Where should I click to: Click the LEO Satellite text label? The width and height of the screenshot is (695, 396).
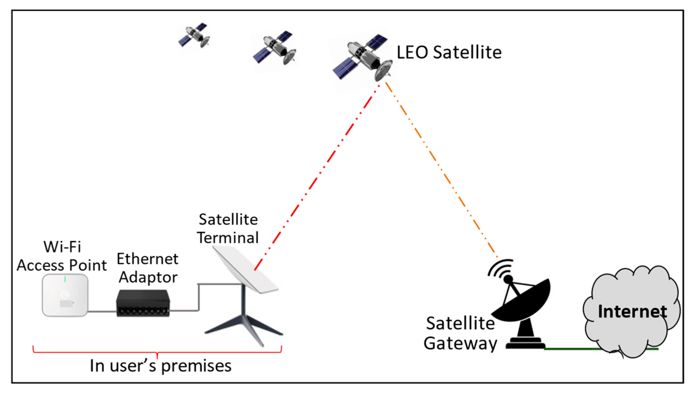tap(449, 52)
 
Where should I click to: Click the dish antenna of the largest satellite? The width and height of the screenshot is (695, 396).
tap(384, 70)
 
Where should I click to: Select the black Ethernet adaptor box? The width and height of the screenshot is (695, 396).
tap(143, 303)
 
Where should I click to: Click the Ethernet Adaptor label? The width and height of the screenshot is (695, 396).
tap(148, 268)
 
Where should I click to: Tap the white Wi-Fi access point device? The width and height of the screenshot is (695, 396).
tap(65, 295)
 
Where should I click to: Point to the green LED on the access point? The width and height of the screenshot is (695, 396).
tap(65, 279)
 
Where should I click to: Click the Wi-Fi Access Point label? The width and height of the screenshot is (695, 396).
tap(62, 256)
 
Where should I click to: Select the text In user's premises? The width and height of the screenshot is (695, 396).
tap(161, 366)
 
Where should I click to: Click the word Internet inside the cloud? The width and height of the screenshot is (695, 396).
tap(632, 311)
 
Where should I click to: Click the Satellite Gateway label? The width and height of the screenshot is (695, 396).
tap(460, 333)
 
